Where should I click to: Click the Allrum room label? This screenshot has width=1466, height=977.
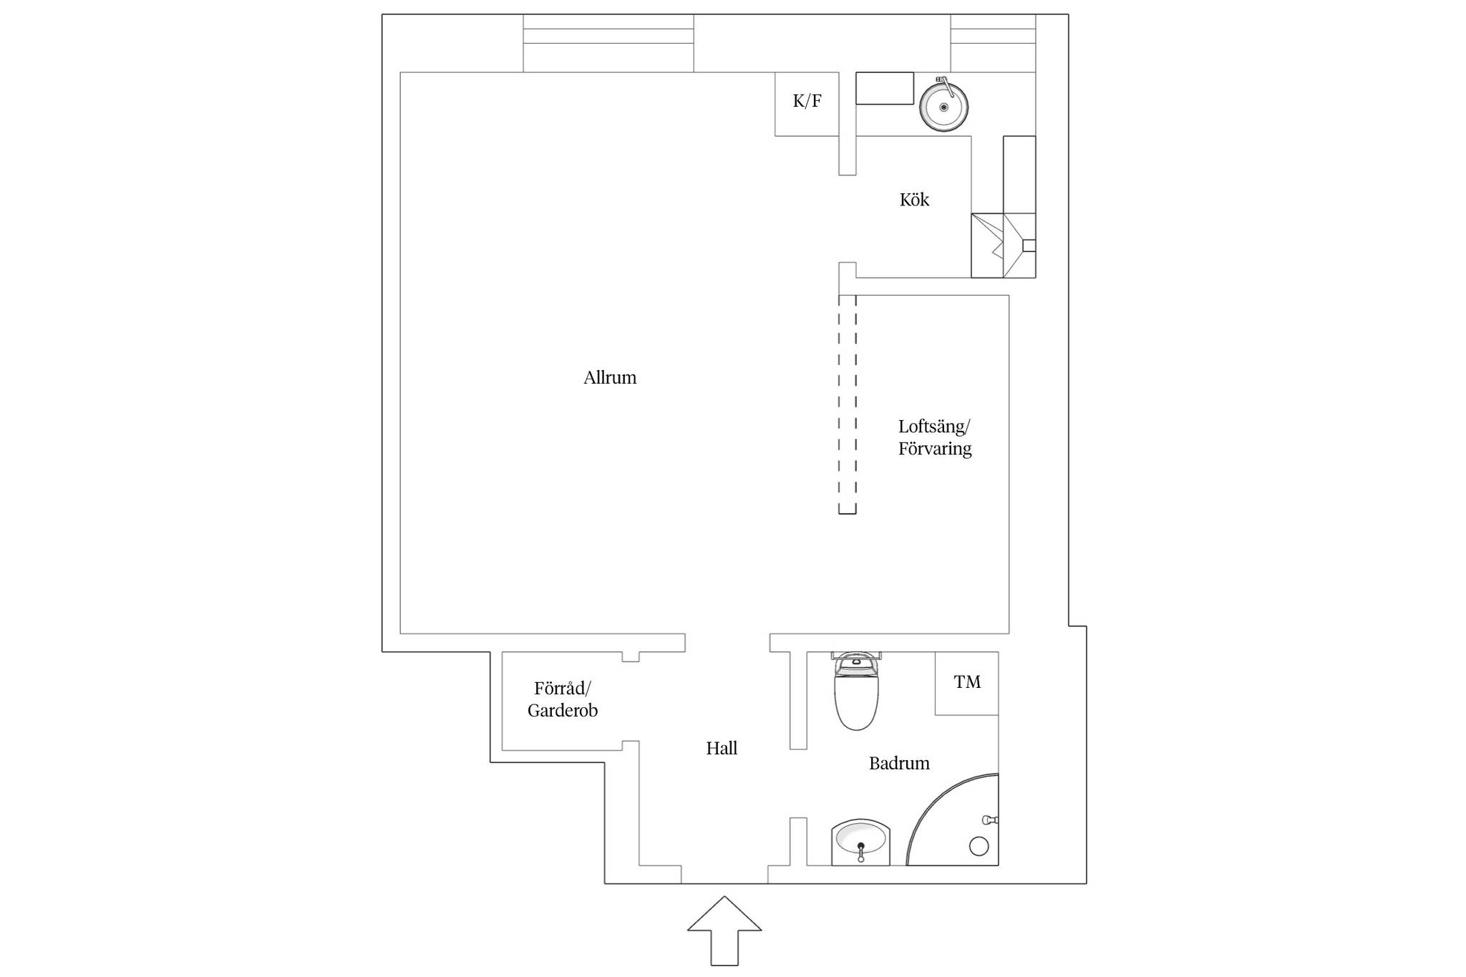click(x=610, y=377)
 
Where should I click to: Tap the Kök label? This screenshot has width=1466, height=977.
click(x=914, y=199)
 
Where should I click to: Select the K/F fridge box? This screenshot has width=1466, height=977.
click(x=807, y=104)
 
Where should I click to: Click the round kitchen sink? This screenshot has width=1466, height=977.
click(x=944, y=107)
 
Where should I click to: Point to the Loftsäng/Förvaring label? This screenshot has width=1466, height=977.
click(x=935, y=437)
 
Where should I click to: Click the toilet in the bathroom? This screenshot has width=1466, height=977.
click(x=856, y=691)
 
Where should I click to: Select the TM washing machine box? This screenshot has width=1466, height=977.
click(x=966, y=683)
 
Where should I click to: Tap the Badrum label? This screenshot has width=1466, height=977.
click(x=899, y=763)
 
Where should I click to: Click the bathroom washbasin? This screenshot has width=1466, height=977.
click(x=860, y=842)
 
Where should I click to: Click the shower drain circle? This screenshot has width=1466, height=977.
click(x=979, y=846)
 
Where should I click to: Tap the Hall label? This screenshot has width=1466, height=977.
click(x=722, y=748)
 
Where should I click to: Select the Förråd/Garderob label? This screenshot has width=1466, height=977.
click(x=563, y=699)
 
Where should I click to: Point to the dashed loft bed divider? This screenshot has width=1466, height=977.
click(x=848, y=404)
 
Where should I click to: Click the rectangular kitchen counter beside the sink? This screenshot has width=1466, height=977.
click(x=885, y=88)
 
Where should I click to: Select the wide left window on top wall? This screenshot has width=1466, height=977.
click(x=608, y=43)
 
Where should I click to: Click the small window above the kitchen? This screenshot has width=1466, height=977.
click(x=993, y=43)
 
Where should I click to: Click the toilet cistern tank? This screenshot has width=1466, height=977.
click(x=856, y=656)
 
